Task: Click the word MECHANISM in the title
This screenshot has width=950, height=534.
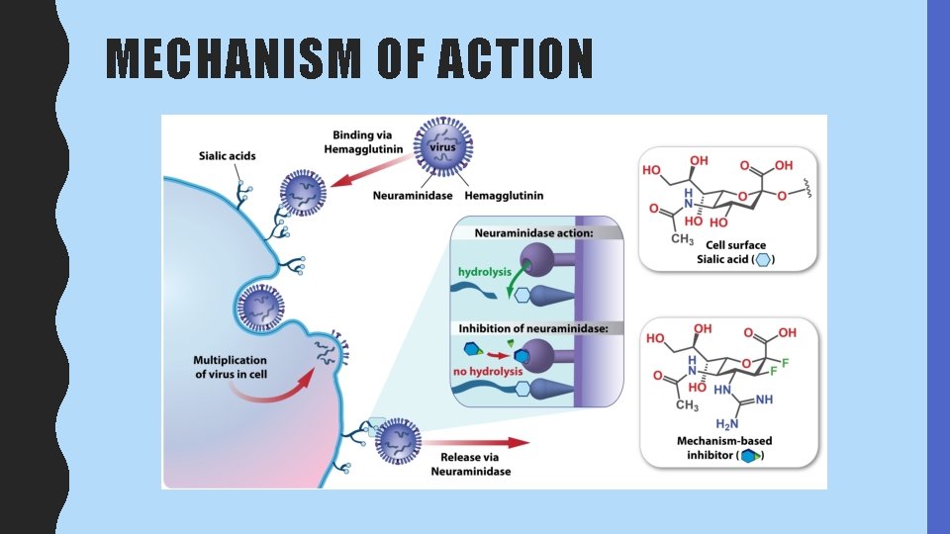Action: click(x=234, y=58)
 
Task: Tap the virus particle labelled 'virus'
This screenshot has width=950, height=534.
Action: click(x=443, y=146)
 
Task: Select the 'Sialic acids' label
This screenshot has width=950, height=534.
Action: click(x=228, y=155)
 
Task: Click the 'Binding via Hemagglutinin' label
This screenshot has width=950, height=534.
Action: click(x=363, y=141)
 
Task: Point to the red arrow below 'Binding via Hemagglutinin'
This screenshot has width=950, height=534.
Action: click(x=373, y=169)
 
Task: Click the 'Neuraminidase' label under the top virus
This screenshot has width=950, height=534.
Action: click(x=413, y=196)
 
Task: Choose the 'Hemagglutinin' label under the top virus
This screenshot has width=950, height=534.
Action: click(x=504, y=196)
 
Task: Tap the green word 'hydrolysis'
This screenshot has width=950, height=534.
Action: click(x=485, y=272)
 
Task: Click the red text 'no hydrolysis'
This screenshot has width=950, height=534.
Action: click(x=488, y=371)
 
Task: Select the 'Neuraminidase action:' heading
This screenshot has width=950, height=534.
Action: click(x=533, y=233)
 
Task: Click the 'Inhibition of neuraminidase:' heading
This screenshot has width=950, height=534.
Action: click(x=533, y=328)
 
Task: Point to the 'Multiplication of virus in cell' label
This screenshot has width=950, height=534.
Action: click(x=231, y=367)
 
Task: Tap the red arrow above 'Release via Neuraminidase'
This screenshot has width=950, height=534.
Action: click(x=476, y=443)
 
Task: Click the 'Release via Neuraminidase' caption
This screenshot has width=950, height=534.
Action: click(x=471, y=464)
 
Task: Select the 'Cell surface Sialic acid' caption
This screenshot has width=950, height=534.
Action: click(x=735, y=252)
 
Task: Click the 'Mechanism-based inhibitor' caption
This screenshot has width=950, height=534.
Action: click(x=724, y=448)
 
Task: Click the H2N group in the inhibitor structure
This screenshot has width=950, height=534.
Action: click(x=727, y=424)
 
